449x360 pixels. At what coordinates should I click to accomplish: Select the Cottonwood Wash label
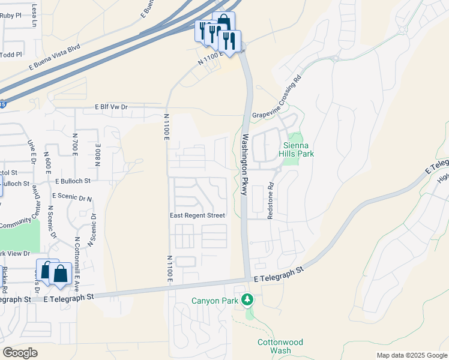point(280,346)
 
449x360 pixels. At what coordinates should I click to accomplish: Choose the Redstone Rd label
point(271,200)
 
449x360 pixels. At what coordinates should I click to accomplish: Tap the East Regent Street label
point(197,215)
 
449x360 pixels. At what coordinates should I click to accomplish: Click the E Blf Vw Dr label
point(112,107)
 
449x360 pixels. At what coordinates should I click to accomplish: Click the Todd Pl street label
point(11,55)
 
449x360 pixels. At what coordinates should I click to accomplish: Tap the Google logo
point(20,353)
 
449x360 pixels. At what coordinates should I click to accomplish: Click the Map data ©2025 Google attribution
point(412,355)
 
